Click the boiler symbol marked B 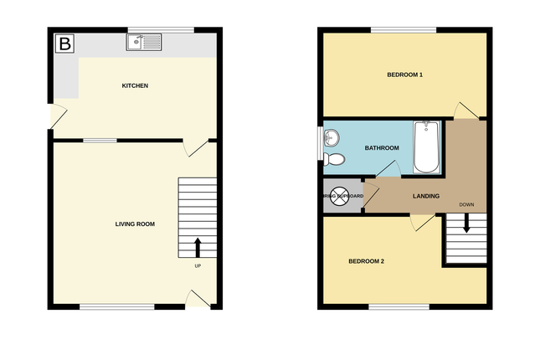pyautogui.click(x=64, y=44)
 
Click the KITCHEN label pyautogui.click(x=135, y=86)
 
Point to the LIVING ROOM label pyautogui.click(x=135, y=224)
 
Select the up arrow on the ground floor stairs pyautogui.click(x=198, y=247)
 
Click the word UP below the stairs pyautogui.click(x=198, y=266)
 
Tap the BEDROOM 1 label pyautogui.click(x=404, y=75)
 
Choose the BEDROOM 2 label pyautogui.click(x=366, y=262)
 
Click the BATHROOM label pyautogui.click(x=381, y=147)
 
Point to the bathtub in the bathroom pyautogui.click(x=426, y=147)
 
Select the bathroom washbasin pyautogui.click(x=332, y=137)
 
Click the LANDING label pyautogui.click(x=427, y=197)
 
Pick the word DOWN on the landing pyautogui.click(x=466, y=205)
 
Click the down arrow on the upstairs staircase pyautogui.click(x=466, y=224)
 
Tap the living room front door pyautogui.click(x=197, y=299)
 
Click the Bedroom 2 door pyautogui.click(x=421, y=221)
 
